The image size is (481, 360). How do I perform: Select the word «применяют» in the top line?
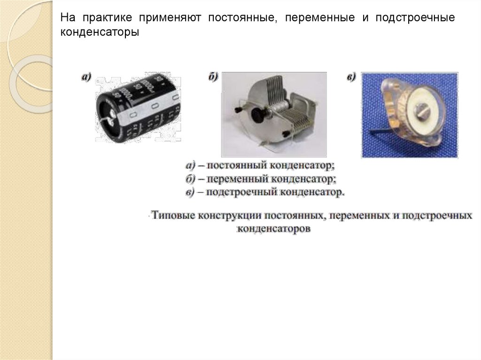click(x=170, y=18)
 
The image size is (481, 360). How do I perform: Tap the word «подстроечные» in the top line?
click(x=415, y=18)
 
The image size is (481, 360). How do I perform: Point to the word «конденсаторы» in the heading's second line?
click(x=100, y=32)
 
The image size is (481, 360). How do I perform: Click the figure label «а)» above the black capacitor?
click(x=86, y=77)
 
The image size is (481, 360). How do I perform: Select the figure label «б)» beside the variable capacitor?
click(x=213, y=77)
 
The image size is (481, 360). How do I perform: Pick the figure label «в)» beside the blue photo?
click(x=351, y=77)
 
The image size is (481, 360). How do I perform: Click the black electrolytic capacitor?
click(x=138, y=107)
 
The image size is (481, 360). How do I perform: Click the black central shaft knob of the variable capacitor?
click(x=257, y=114)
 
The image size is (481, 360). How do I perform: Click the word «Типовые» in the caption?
click(x=173, y=215)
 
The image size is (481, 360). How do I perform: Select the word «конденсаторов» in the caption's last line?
click(x=274, y=229)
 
